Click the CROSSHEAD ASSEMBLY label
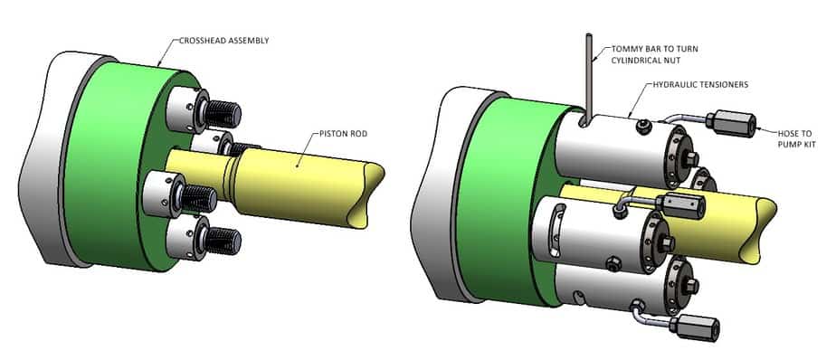pos(224,41)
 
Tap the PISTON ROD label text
pos(344,134)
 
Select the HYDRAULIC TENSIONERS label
pos(700,85)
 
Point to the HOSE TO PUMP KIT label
pos(796,137)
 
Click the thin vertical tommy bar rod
pos(589,79)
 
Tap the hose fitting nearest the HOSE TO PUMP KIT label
pos(730,123)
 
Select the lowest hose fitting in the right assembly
pos(695,326)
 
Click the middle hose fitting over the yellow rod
pos(681,204)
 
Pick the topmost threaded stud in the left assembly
pos(223,114)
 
